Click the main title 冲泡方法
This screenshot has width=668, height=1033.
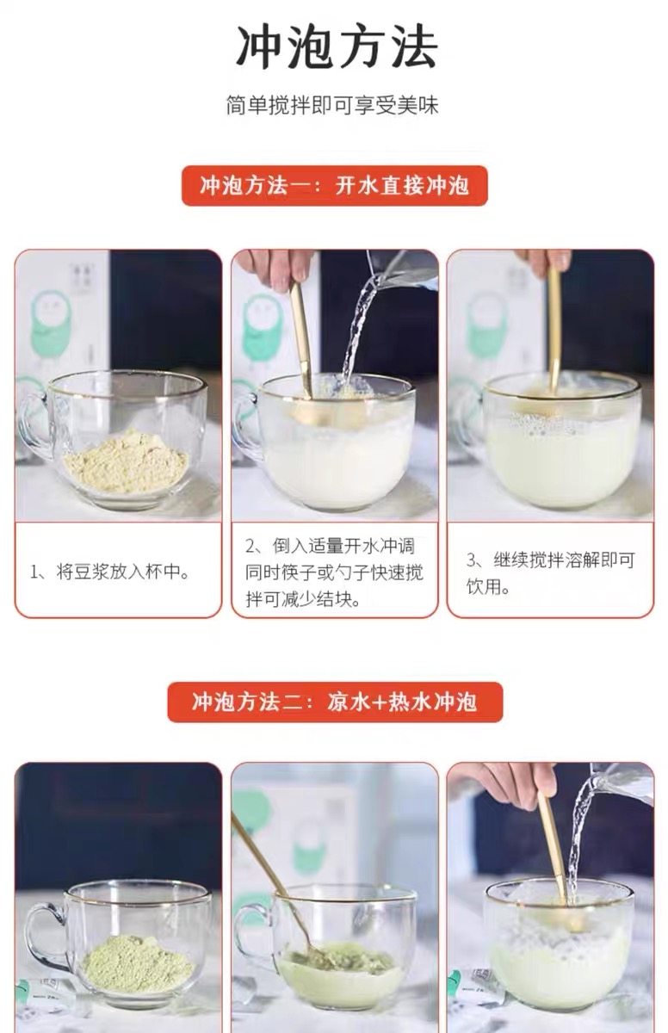click(x=336, y=47)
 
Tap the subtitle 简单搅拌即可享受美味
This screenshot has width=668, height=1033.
click(x=332, y=106)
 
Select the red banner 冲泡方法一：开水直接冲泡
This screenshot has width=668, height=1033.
click(x=334, y=185)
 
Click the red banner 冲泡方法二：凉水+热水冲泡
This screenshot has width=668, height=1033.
click(x=335, y=702)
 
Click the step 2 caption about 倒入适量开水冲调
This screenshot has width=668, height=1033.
click(x=334, y=572)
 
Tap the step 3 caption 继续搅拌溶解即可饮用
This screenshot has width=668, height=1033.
click(x=550, y=573)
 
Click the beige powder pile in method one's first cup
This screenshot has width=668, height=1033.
click(x=127, y=461)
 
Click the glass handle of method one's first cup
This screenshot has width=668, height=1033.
click(x=32, y=424)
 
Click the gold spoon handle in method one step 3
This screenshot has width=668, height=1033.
click(x=554, y=323)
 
